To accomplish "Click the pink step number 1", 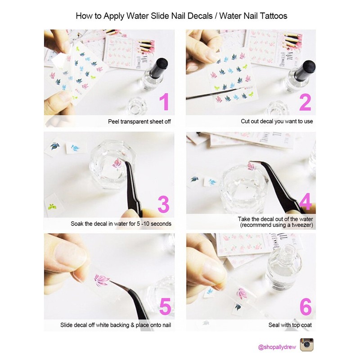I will (x=165, y=101).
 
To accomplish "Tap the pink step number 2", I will (x=305, y=101).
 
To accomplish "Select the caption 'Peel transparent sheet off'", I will (x=139, y=121).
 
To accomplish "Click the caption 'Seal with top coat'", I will (x=288, y=325).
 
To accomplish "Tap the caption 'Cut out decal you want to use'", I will (x=276, y=121).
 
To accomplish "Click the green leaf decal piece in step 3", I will (x=53, y=207).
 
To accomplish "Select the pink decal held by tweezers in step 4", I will (x=252, y=166).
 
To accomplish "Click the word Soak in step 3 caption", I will (x=77, y=224).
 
